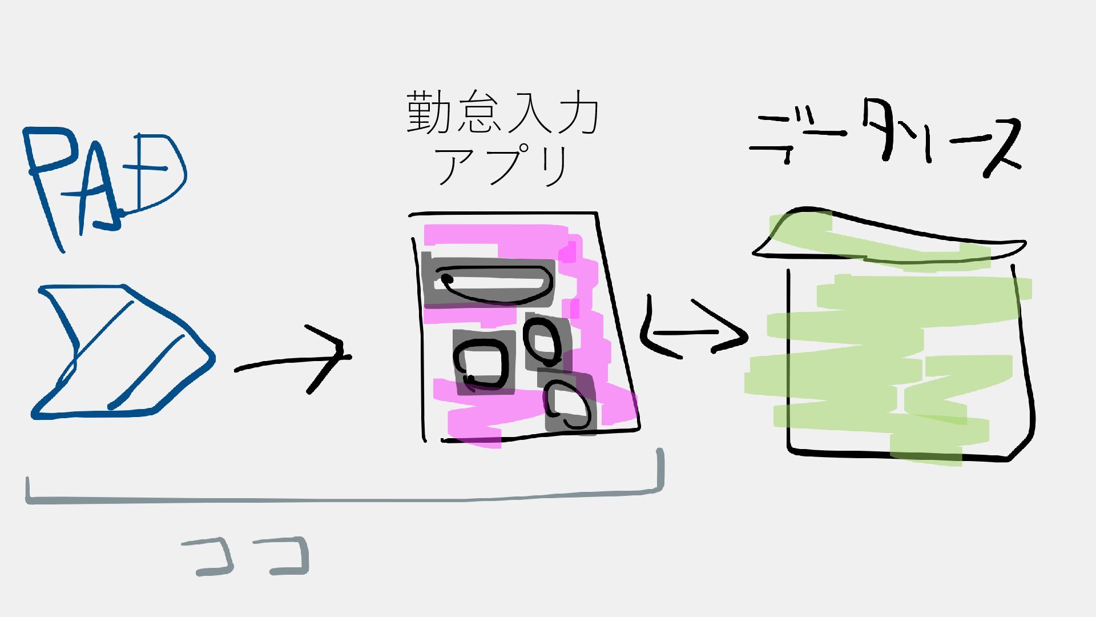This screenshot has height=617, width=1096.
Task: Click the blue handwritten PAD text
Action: (106, 183)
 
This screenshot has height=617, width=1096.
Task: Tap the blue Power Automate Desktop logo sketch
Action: (123, 351)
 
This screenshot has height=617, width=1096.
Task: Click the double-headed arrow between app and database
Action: (694, 331)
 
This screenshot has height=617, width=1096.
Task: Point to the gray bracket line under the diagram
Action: (342, 500)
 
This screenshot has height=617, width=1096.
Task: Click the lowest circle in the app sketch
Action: (568, 406)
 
